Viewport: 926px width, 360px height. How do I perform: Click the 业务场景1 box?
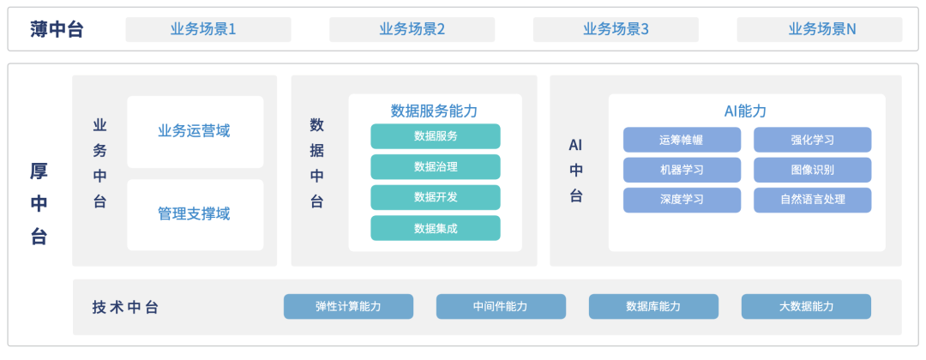coord(208,29)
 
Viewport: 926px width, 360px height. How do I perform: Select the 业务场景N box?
coord(820,29)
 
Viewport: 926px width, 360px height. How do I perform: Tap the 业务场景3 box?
coord(616,29)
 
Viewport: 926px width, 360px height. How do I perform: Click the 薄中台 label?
coord(57,29)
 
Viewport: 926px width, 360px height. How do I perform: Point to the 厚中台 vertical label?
coord(39,204)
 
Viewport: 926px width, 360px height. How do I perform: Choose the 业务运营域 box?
coord(195,131)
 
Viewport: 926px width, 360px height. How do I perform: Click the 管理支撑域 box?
coord(195,214)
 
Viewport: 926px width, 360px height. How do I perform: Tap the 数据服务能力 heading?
coord(435,111)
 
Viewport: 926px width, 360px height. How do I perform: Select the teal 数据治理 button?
coord(435,166)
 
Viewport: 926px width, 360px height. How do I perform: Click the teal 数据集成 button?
coord(435,228)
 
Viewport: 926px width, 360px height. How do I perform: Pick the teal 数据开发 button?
coord(435,197)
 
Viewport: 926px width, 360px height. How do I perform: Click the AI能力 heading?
coord(746,111)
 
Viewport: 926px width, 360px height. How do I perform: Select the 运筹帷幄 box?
coord(682,140)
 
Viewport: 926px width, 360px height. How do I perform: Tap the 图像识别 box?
coord(812,170)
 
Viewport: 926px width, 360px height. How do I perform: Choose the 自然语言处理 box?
coord(812,200)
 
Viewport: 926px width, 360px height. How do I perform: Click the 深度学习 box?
coord(682,200)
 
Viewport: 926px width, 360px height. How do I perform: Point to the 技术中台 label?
coord(125,308)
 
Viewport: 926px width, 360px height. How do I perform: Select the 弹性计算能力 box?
coord(348,307)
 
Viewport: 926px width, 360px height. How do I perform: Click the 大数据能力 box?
coord(806,307)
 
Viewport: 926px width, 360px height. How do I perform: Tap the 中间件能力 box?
coord(500,307)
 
